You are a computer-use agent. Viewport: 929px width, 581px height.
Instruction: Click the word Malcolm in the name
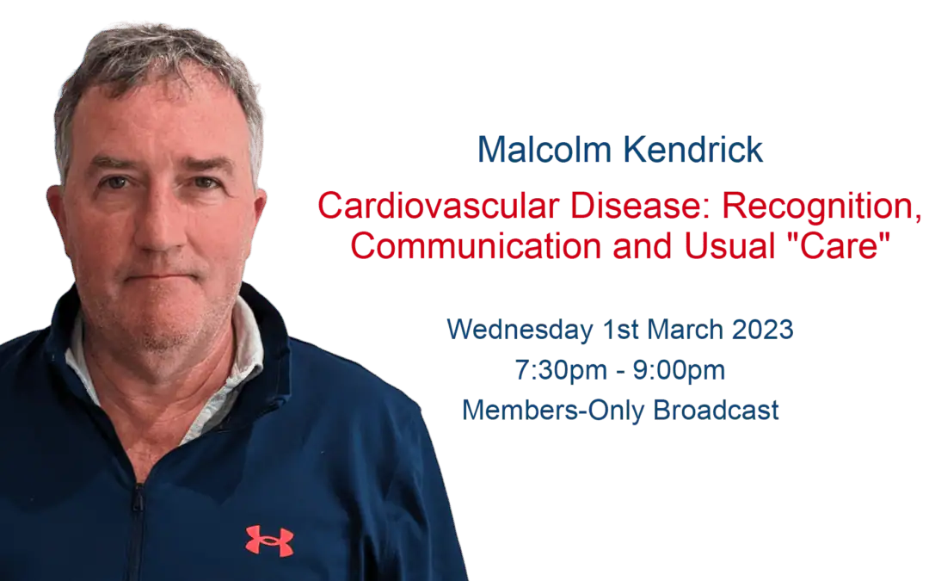[x=544, y=150]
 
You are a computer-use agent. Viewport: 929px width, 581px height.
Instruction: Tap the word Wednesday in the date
[x=520, y=330]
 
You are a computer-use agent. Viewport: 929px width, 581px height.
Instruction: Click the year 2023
[x=762, y=330]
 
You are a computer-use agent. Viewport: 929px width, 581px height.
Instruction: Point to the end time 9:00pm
[x=679, y=370]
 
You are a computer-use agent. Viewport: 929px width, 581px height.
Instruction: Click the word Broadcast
[x=716, y=411]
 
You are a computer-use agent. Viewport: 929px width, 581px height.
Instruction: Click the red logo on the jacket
[x=269, y=540]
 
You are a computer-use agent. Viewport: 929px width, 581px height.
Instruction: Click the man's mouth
[x=159, y=277]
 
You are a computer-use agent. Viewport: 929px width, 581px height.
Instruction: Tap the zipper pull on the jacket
[x=138, y=500]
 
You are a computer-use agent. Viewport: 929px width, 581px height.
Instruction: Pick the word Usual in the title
[x=729, y=246]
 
